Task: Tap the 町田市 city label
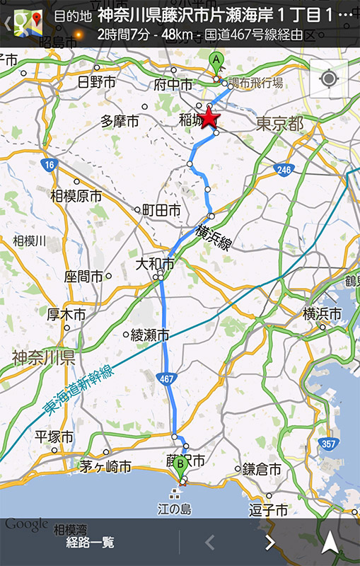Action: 161,210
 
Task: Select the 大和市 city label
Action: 155,264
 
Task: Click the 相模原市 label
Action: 76,196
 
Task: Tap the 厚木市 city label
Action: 66,314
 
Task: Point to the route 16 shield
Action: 47,165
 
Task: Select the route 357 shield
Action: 328,444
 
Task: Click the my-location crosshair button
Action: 329,78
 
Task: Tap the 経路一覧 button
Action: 90,543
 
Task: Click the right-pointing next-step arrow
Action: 269,543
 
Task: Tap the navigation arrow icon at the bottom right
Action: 330,543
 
